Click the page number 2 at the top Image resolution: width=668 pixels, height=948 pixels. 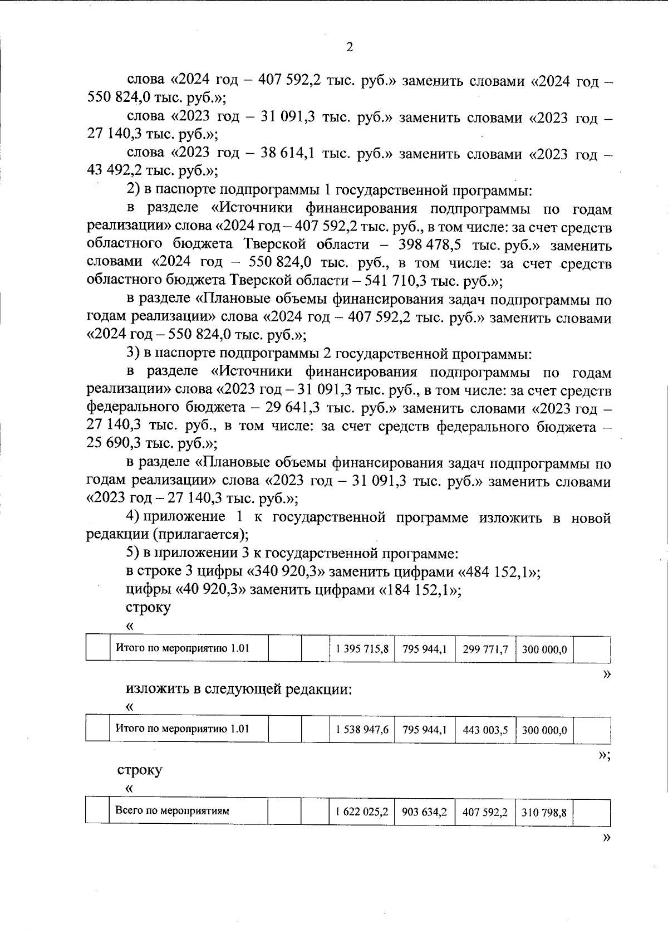point(350,47)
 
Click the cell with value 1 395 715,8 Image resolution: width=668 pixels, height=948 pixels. point(362,649)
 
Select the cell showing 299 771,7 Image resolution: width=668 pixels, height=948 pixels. point(485,649)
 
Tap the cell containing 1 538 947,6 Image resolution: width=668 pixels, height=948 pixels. point(362,730)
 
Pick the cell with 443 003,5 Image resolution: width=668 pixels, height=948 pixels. point(485,730)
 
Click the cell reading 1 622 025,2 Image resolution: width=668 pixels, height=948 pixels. point(362,812)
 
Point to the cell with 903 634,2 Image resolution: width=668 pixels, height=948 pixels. point(425,812)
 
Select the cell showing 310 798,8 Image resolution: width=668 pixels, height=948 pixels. point(544,812)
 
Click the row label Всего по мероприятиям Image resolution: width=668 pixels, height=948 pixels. point(172,811)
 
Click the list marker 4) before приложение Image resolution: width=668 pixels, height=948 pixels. point(133,517)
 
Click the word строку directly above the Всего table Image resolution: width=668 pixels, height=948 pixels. point(140,770)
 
